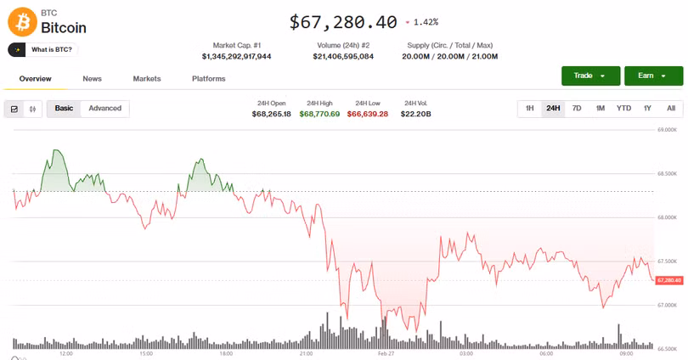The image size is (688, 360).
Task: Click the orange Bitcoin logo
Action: coord(21,22)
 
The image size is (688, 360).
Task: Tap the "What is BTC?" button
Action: coord(43,50)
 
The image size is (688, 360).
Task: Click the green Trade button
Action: coord(590,76)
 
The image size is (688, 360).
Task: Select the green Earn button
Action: coord(653,76)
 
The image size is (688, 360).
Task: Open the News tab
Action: coord(92,79)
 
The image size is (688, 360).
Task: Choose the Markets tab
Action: coord(147,79)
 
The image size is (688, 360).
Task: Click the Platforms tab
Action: coord(209,79)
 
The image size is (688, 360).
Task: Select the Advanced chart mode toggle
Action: coord(105,109)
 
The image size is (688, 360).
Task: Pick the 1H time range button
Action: coord(529,109)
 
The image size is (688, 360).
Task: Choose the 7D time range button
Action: coord(577,109)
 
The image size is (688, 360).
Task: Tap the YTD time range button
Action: coord(623,109)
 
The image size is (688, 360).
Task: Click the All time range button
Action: coord(671,109)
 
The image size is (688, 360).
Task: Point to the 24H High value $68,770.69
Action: coord(319,114)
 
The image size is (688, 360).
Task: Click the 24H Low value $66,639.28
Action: coord(368,114)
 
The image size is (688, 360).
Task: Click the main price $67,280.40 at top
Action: coord(343,22)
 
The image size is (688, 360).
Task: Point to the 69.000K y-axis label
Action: coord(667,130)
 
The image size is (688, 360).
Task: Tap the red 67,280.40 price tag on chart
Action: coord(668,280)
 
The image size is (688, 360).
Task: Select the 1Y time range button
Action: coord(647,109)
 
